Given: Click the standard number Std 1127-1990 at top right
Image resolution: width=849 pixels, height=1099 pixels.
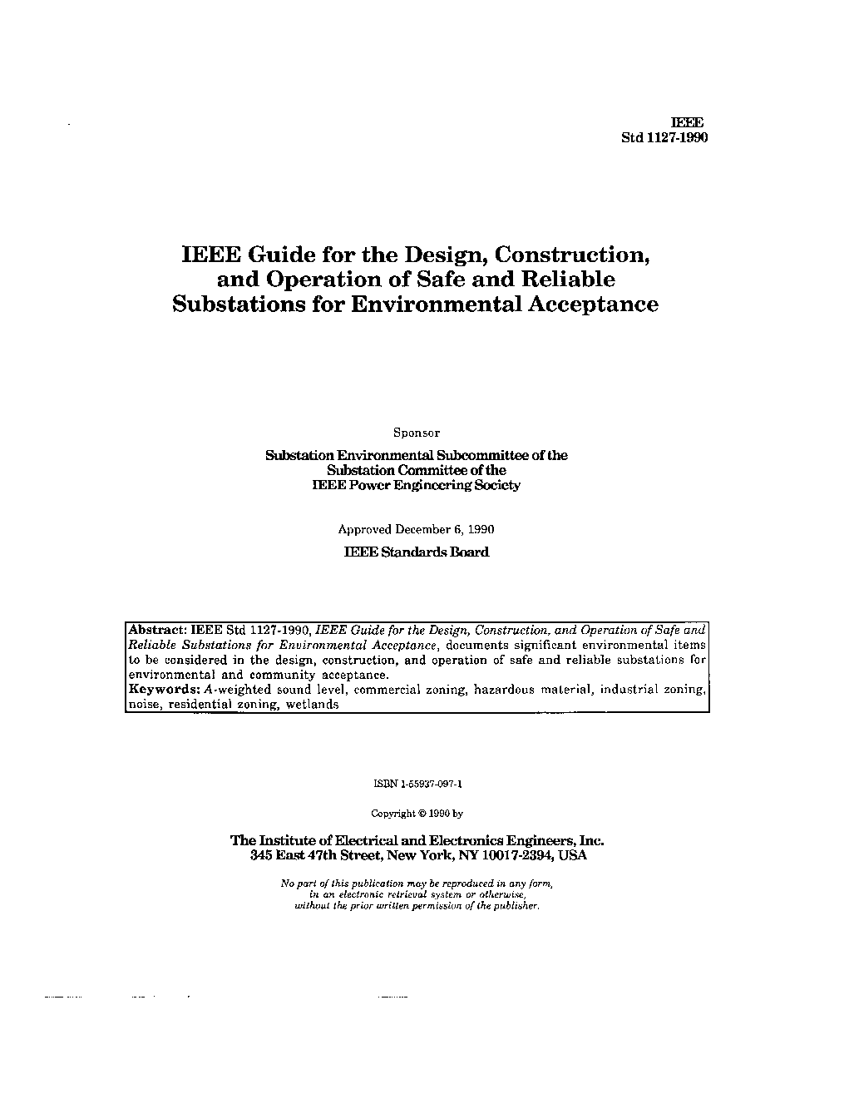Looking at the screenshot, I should pos(664,138).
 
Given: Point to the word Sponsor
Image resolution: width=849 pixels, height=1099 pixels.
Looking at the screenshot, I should pos(416,433).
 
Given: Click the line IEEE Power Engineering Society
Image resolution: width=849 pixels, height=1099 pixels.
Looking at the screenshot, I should pos(416,485).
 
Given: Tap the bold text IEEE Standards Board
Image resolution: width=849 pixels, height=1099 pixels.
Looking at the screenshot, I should pos(416,552).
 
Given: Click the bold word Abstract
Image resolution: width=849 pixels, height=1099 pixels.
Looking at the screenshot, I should pos(158,630).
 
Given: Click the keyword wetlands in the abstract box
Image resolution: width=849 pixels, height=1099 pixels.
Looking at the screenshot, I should pos(312,705).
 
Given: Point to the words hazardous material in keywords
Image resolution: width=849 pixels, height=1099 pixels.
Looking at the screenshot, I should pos(533,690).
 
